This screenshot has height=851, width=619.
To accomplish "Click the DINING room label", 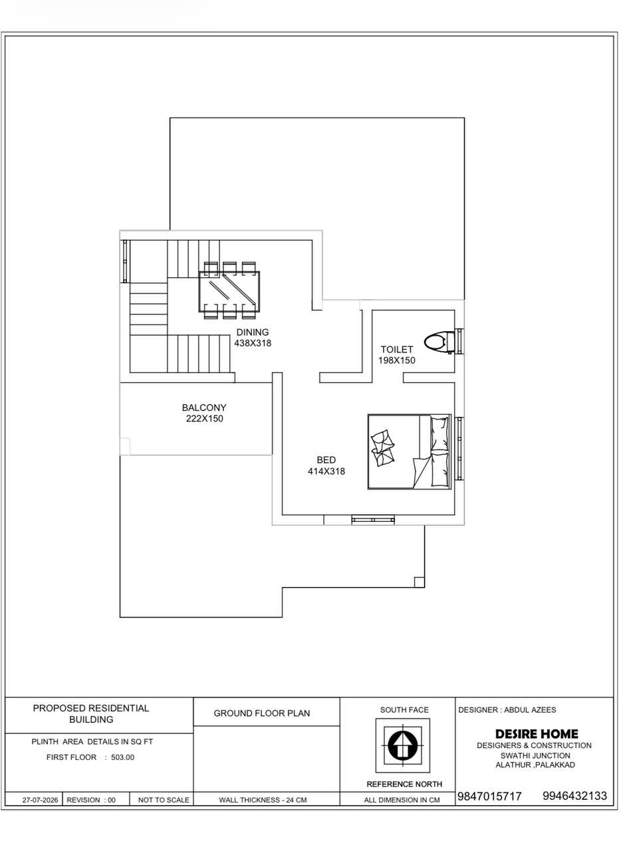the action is tap(252, 332).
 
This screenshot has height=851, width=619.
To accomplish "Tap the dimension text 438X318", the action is tap(253, 344).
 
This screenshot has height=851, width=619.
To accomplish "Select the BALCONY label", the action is tap(204, 408).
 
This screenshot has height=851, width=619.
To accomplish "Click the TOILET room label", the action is tap(397, 350).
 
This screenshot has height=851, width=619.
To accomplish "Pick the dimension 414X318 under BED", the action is tap(326, 471).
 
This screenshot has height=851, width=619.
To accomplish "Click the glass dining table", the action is tap(229, 291).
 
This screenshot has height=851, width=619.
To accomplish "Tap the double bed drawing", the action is tap(410, 451).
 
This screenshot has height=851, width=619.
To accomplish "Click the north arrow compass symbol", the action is tap(403, 745).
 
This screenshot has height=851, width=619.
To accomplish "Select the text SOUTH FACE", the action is tap(404, 709).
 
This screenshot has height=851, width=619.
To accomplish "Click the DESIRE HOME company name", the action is tap(537, 733).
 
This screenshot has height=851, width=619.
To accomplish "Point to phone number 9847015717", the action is tap(489, 796).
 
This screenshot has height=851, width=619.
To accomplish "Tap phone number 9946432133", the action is tap(575, 796).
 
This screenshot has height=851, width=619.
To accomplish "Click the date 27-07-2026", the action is tap(41, 800).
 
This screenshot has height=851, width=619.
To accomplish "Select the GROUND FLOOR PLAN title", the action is tap(262, 713).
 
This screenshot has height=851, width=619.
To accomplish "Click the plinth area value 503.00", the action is tap(123, 757).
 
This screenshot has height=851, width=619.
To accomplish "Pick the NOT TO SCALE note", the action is tap(164, 800).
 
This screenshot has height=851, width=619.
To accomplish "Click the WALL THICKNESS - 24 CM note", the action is tap(263, 800).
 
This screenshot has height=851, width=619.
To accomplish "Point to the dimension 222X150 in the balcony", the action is tap(204, 419).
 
